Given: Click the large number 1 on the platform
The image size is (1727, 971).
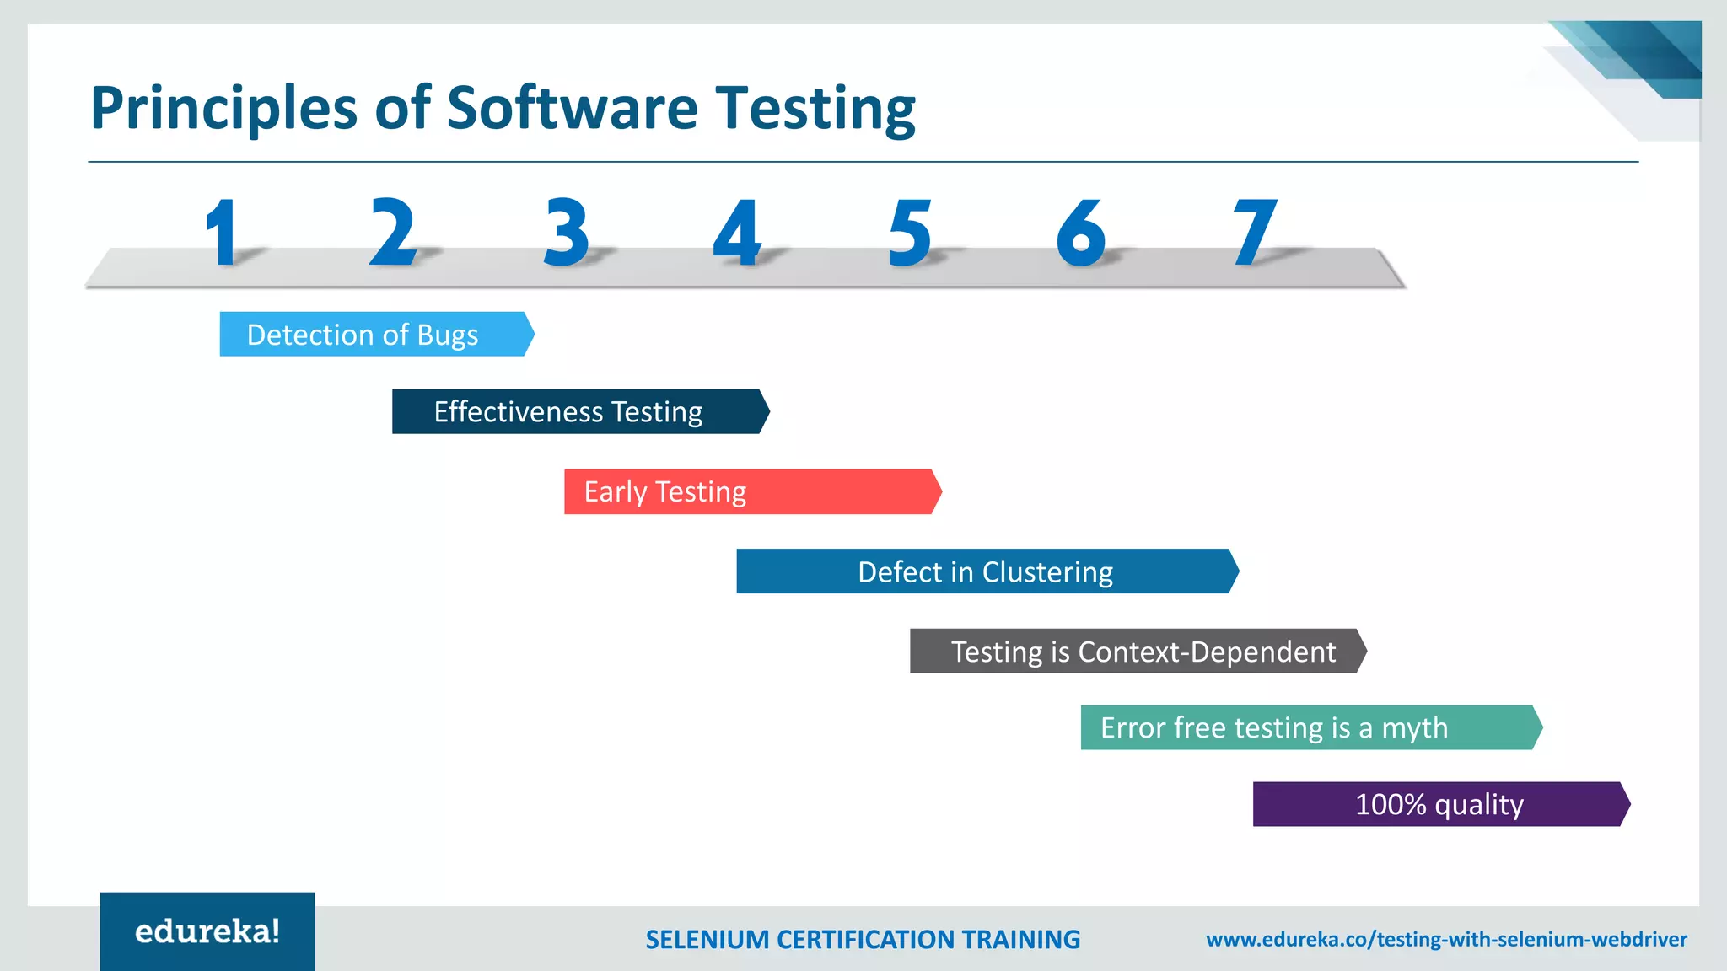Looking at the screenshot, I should click(x=223, y=233).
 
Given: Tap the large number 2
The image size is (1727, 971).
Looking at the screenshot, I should click(x=393, y=232).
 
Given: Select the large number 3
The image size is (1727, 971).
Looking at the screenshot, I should click(x=566, y=233).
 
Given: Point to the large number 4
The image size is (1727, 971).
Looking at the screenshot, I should click(x=737, y=233).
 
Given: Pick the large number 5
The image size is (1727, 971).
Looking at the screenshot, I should click(x=910, y=233).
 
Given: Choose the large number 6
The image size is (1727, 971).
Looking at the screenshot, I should click(x=1081, y=233).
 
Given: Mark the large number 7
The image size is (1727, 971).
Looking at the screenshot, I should click(x=1255, y=233).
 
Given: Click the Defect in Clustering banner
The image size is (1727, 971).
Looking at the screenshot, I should click(x=985, y=571).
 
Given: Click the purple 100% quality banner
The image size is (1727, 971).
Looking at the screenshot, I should click(x=1439, y=804).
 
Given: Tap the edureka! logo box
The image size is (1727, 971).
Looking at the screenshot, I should click(x=207, y=931).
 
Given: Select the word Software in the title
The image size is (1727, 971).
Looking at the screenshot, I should click(x=572, y=108).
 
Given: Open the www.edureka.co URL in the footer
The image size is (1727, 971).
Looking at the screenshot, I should click(x=1446, y=939).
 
